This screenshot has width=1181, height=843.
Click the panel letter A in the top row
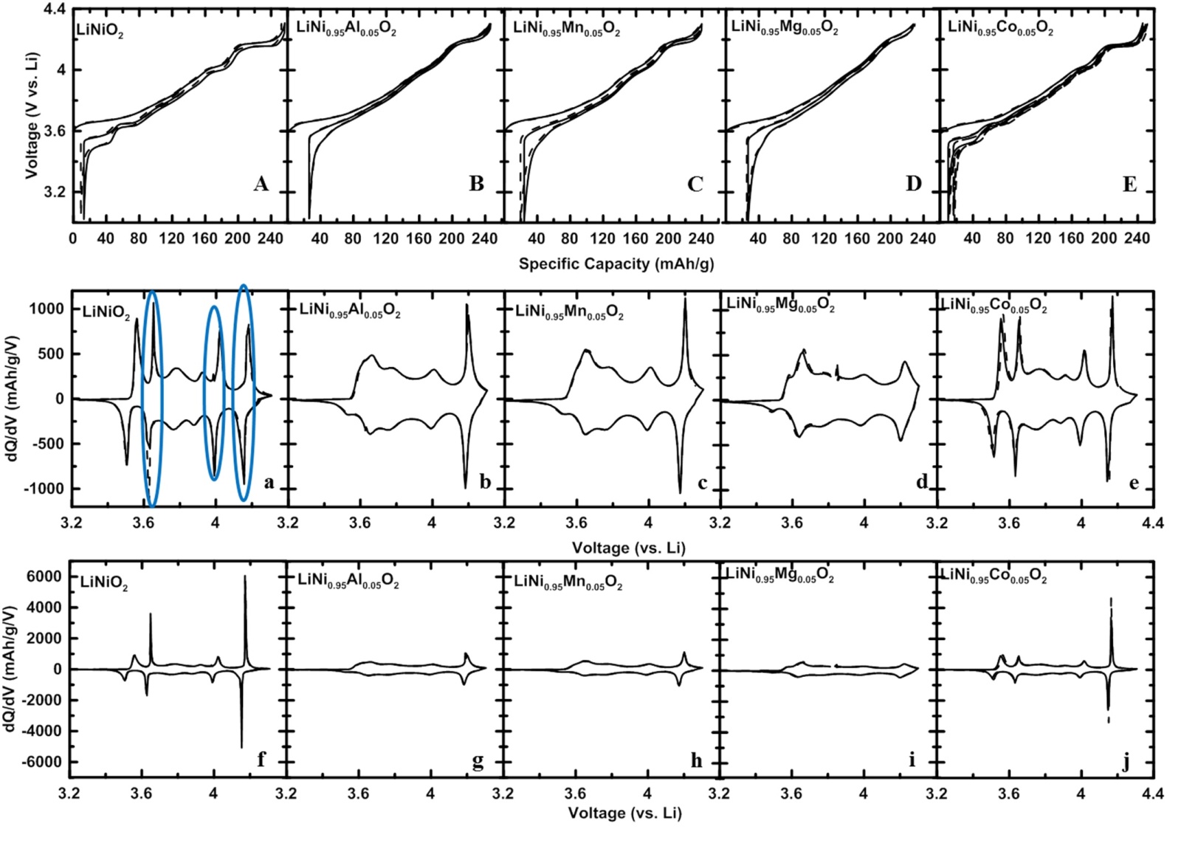click(261, 184)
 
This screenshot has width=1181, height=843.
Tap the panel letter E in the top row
click(1129, 185)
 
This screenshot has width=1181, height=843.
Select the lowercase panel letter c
click(702, 484)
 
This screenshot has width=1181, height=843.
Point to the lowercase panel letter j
click(1125, 761)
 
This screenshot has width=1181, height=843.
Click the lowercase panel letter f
click(261, 759)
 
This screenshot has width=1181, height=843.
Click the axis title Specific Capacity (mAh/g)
click(616, 264)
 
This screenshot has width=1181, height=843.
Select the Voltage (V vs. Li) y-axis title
click(32, 116)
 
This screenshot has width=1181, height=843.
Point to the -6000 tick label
click(43, 762)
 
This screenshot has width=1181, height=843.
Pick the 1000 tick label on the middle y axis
click(47, 309)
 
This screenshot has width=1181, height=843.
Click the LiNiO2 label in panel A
click(100, 32)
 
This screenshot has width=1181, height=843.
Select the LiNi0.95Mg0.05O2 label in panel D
click(784, 28)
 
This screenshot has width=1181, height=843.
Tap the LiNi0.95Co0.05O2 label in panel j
click(993, 577)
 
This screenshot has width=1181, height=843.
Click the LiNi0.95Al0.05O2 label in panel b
click(350, 311)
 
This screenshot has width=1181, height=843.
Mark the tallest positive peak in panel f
click(245, 577)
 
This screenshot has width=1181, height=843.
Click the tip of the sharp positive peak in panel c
click(685, 298)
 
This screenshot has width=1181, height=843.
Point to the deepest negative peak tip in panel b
click(465, 487)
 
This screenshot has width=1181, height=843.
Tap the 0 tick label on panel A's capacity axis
click(72, 238)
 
